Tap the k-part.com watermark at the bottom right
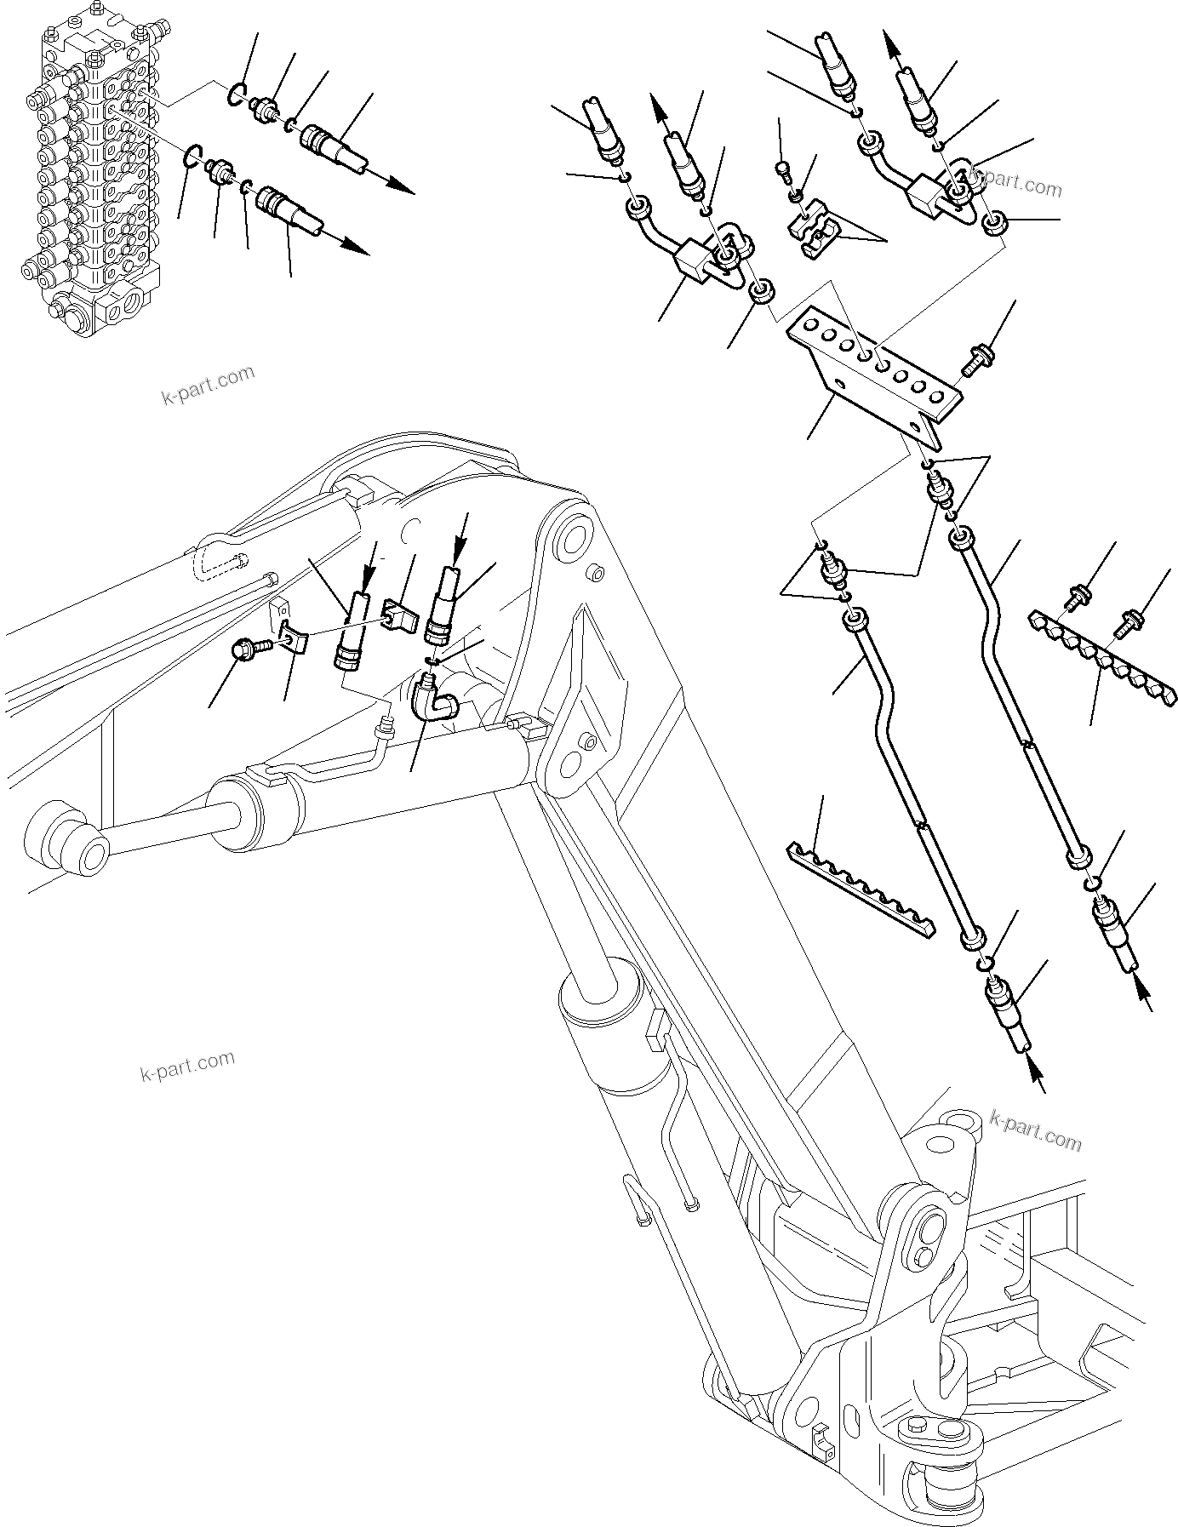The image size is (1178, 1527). click(x=1036, y=1130)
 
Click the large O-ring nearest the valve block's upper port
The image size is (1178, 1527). click(x=238, y=94)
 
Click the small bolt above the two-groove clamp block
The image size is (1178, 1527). click(x=784, y=173)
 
